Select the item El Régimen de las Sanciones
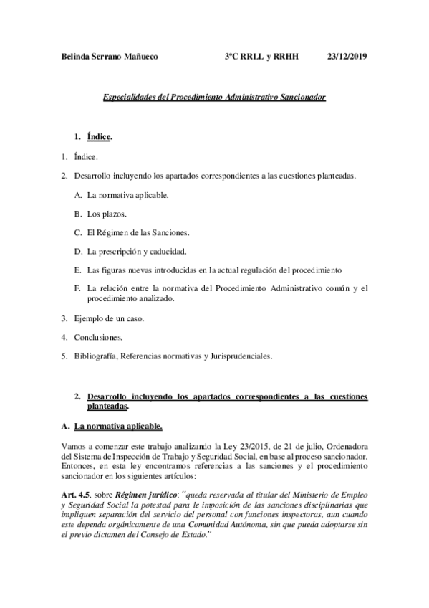tap(138, 232)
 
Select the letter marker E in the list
tap(77, 270)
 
